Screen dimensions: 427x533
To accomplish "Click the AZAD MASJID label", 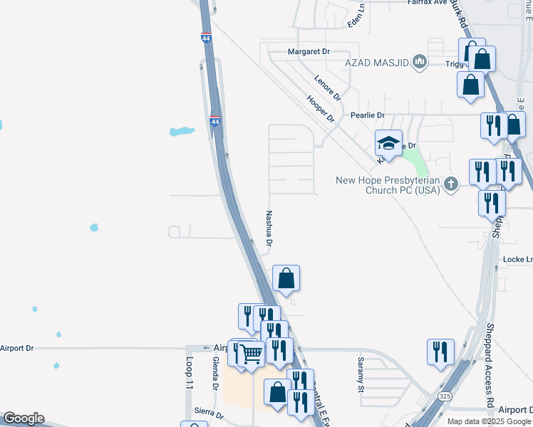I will (x=378, y=63).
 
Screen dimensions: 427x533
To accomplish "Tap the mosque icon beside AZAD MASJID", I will (x=419, y=63).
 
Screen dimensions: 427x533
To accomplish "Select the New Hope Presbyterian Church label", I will (x=388, y=185).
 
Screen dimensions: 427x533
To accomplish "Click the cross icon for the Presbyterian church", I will (x=450, y=185).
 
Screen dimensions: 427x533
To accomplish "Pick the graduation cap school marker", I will (x=388, y=144).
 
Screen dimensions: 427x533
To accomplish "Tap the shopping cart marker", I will (x=251, y=353).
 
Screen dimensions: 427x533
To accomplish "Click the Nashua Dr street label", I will (x=269, y=228).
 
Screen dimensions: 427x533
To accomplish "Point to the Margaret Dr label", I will (x=309, y=52).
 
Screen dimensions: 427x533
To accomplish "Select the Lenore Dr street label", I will (x=328, y=87).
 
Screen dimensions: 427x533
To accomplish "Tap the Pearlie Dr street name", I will (x=367, y=115).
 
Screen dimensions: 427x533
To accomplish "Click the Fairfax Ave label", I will (x=427, y=3).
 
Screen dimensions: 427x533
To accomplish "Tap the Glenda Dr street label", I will (x=214, y=373).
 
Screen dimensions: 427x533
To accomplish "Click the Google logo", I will (x=24, y=418).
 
